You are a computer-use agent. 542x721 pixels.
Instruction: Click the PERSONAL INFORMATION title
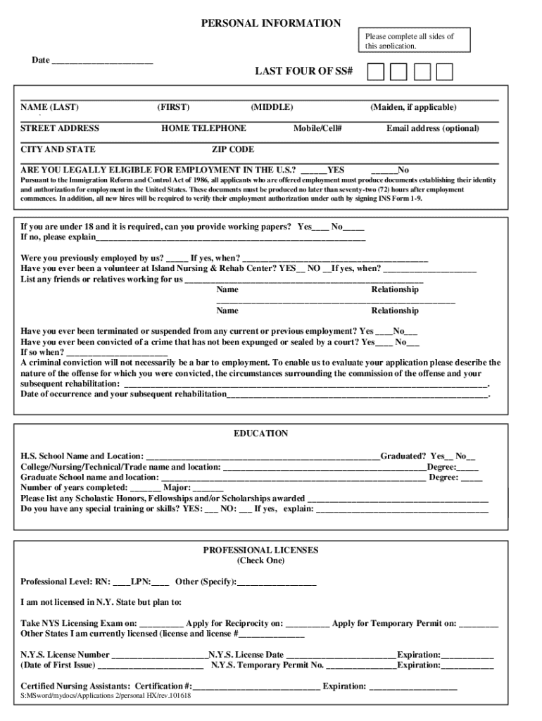271,23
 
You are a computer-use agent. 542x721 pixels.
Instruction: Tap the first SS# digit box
377,72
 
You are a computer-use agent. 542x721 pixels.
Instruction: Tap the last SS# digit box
444,72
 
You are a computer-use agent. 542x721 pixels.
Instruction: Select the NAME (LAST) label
49,107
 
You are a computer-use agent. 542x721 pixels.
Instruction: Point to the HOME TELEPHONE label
203,128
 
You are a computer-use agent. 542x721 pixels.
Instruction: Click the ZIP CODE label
233,149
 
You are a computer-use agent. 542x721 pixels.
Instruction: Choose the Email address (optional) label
432,128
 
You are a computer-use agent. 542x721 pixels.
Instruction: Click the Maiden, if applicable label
413,107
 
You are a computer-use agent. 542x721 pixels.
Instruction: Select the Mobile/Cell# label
317,128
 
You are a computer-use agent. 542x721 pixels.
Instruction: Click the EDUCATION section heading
260,434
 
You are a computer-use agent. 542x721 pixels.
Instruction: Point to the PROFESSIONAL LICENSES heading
260,550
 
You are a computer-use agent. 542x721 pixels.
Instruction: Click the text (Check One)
260,560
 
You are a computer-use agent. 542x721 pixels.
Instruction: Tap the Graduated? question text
403,456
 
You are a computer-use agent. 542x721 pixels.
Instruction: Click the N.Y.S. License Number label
65,654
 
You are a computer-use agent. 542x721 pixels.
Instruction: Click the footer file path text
106,696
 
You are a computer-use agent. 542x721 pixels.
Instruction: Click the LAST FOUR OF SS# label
303,72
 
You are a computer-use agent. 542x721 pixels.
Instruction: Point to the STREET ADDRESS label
60,128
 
